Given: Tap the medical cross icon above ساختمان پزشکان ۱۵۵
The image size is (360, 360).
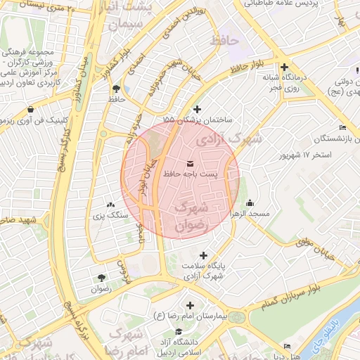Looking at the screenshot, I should coord(197,109).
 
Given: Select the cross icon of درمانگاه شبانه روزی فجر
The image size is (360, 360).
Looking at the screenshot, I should coord(283,66).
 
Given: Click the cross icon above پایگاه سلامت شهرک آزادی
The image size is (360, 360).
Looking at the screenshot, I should coord(204,256).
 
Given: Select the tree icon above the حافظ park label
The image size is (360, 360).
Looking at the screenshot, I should coord(115,89).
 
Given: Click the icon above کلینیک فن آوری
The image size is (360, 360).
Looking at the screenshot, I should coord(31,110).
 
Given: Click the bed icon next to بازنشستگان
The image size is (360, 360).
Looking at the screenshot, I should coord(342,127).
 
